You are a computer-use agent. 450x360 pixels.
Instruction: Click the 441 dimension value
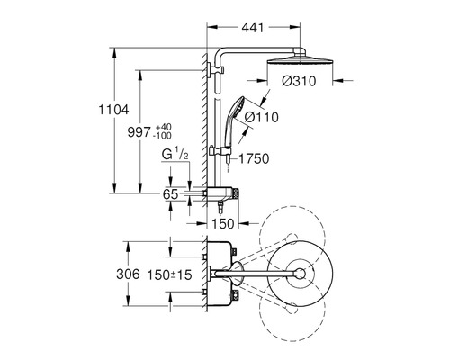253,28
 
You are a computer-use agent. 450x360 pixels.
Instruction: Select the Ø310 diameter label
299,81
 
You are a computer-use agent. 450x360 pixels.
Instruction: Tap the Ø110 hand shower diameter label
261,117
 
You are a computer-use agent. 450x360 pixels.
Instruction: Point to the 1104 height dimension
114,110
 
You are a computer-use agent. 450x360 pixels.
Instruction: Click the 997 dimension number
139,132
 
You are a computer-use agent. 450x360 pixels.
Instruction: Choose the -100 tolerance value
162,136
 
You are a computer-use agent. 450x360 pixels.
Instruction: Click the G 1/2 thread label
175,155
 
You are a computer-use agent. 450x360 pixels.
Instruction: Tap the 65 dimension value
170,194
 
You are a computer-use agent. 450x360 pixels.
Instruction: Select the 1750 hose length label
254,158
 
